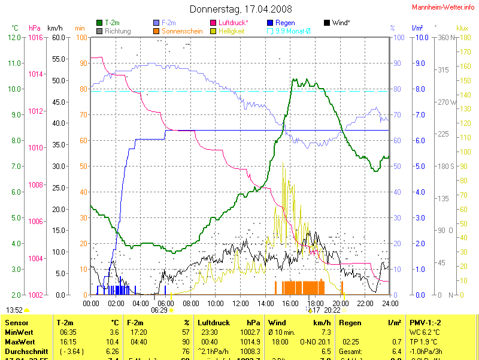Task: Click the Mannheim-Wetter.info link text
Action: click(443, 7)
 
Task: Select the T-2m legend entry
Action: click(111, 23)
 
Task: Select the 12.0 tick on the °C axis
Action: click(14, 38)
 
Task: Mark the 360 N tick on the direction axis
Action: click(446, 38)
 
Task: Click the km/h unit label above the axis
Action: click(54, 28)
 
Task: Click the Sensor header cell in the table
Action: click(17, 322)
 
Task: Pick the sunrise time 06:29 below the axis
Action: click(159, 310)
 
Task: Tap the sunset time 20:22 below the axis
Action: click(332, 310)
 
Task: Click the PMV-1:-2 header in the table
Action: click(425, 322)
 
